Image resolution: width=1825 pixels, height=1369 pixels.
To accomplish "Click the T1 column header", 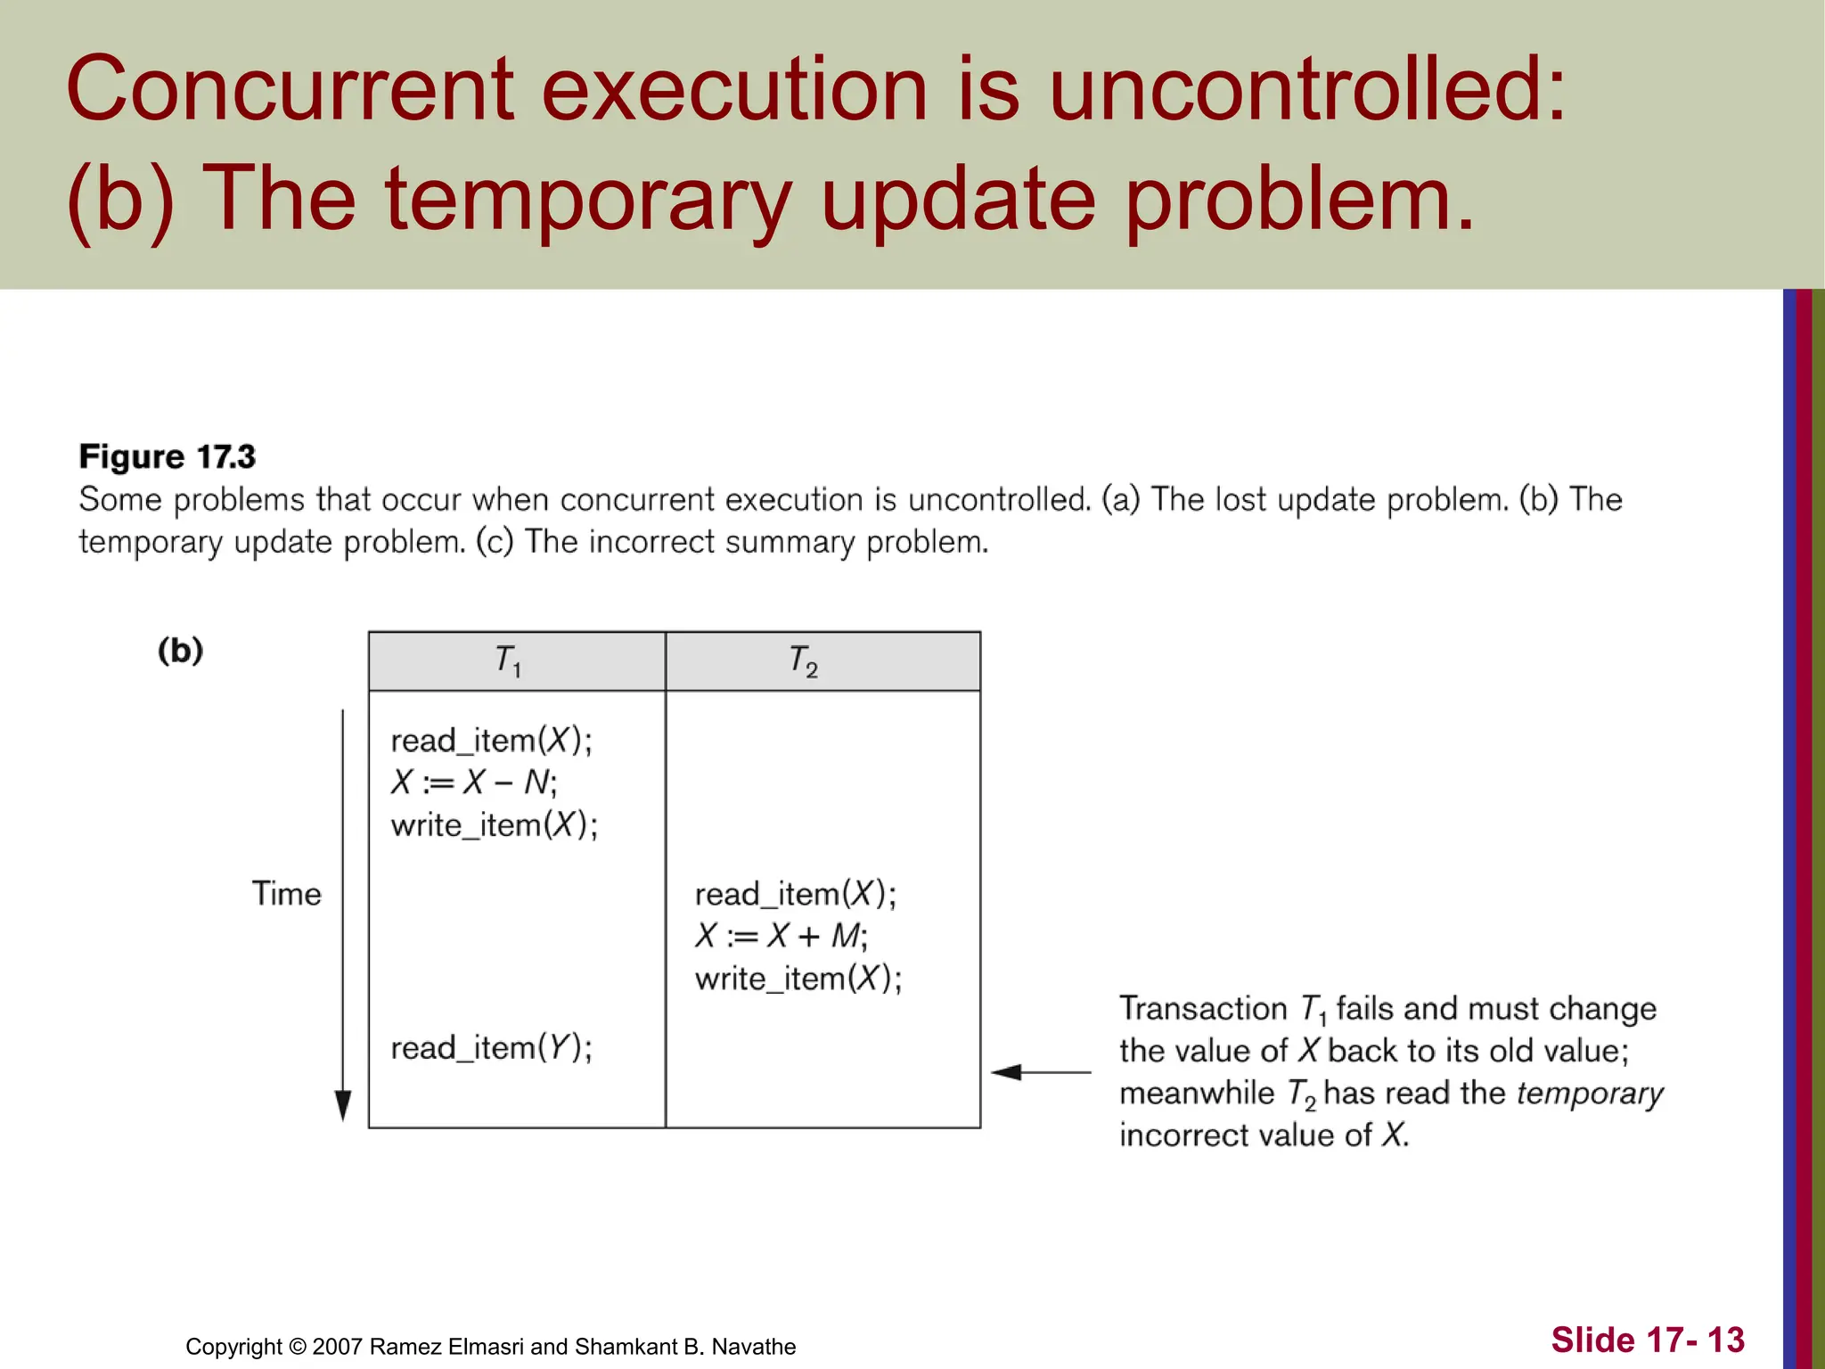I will click(x=509, y=661).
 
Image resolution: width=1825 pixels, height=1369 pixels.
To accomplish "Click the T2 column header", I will click(x=804, y=661).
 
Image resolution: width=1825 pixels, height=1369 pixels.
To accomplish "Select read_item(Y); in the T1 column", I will click(x=491, y=1048).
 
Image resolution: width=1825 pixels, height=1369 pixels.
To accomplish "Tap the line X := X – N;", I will click(x=474, y=783).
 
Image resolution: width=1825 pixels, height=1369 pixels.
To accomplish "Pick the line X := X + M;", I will click(x=781, y=937).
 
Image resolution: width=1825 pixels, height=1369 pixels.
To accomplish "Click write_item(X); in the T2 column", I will click(x=798, y=980).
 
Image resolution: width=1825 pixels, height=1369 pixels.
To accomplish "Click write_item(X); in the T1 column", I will click(x=495, y=825).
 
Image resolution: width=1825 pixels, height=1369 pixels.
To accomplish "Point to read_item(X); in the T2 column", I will click(x=796, y=894).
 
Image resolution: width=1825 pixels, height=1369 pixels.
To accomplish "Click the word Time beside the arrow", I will click(x=286, y=894).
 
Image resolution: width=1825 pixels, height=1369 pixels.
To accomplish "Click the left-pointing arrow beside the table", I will click(x=1039, y=1072).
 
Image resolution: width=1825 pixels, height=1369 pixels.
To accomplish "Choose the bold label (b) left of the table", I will click(x=181, y=651).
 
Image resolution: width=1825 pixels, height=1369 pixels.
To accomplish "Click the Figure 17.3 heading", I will click(x=168, y=457).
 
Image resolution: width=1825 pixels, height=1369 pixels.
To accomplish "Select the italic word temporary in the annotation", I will click(x=1590, y=1094).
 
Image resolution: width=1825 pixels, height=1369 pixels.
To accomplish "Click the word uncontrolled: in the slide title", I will click(x=1306, y=89).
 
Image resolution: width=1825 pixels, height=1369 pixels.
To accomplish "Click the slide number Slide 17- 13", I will click(x=1648, y=1340).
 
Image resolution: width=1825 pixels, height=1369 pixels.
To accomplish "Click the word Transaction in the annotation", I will click(x=1203, y=1009).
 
